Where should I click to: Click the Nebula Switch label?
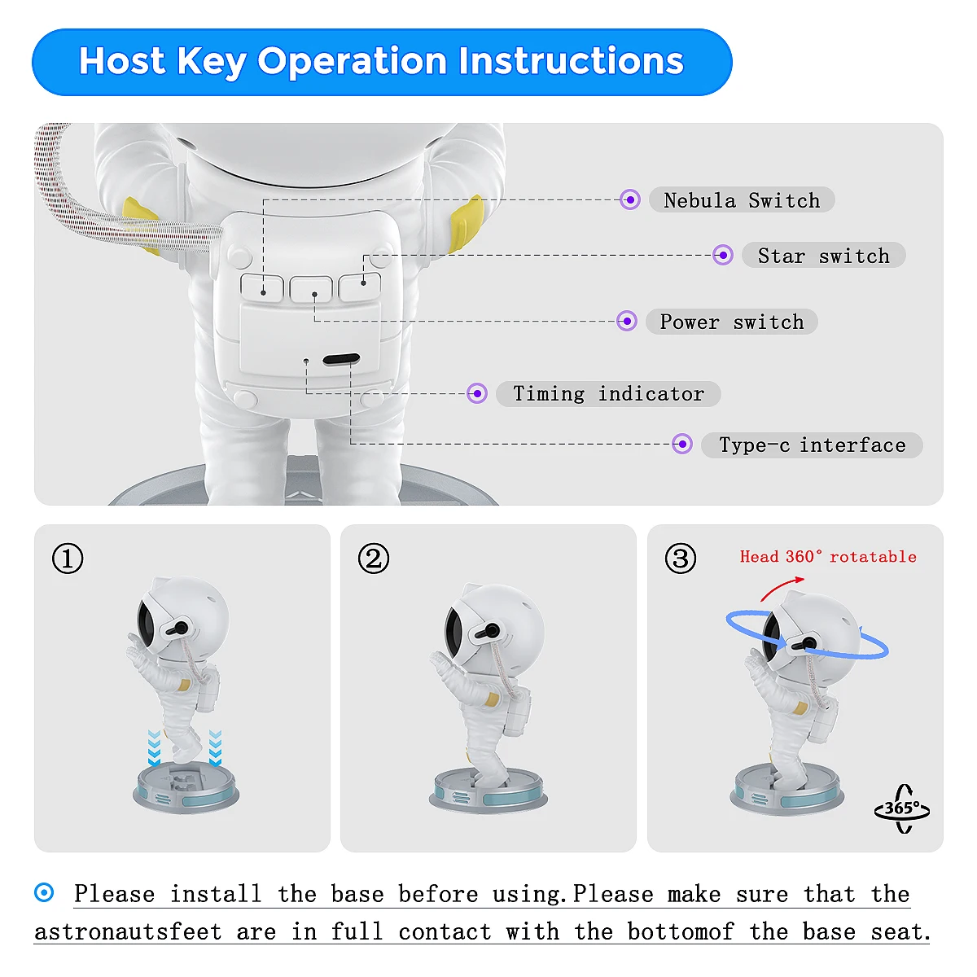click(741, 199)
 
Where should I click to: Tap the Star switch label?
click(823, 255)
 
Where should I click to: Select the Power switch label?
click(732, 322)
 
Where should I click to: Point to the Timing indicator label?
click(608, 393)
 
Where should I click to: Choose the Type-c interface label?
click(812, 445)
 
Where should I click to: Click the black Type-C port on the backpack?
click(341, 360)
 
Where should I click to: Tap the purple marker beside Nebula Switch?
click(629, 199)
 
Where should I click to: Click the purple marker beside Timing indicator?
click(476, 393)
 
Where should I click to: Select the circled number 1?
click(68, 559)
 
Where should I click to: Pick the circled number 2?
click(374, 559)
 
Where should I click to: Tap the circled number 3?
click(681, 559)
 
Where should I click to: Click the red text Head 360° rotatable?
click(828, 557)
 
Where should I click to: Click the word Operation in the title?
click(352, 61)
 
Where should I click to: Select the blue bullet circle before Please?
click(44, 893)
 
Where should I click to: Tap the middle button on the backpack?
click(311, 289)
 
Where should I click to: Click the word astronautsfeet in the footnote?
click(129, 932)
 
